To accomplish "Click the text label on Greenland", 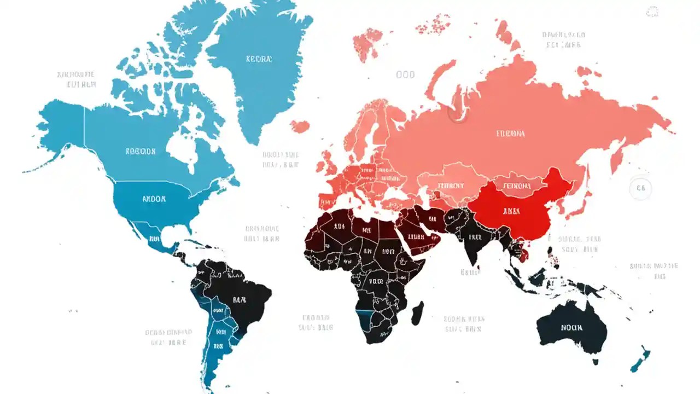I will (x=259, y=59).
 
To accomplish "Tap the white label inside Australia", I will (x=571, y=328).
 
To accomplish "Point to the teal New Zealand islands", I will (x=640, y=359).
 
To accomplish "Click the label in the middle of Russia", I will (x=510, y=133).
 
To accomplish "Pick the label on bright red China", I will (x=511, y=211).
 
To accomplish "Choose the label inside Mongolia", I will (x=517, y=186).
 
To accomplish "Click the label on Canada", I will (x=141, y=151).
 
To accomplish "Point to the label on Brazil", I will (x=240, y=299).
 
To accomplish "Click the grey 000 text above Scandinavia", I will (x=405, y=74).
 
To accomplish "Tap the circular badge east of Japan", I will (x=640, y=189).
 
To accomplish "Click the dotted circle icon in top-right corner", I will (x=652, y=12).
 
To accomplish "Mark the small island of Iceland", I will (x=300, y=126).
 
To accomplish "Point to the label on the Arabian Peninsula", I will (x=417, y=237).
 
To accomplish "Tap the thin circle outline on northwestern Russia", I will (x=457, y=113).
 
